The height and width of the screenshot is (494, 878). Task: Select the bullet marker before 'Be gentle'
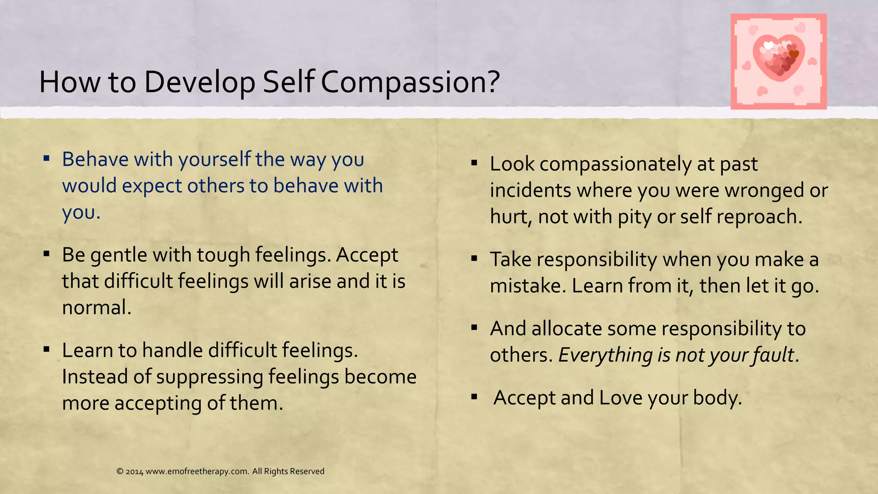[47, 254]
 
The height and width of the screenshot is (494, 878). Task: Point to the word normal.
[96, 308]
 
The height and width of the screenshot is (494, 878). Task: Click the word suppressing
[209, 377]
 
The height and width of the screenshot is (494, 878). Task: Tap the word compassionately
[615, 165]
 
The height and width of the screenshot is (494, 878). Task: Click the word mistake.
[528, 286]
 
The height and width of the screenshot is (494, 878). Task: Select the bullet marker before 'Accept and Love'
[474, 397]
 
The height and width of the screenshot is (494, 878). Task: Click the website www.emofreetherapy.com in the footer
[197, 471]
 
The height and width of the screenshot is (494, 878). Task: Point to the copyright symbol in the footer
[120, 471]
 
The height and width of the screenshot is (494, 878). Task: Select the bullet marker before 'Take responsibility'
[474, 259]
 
